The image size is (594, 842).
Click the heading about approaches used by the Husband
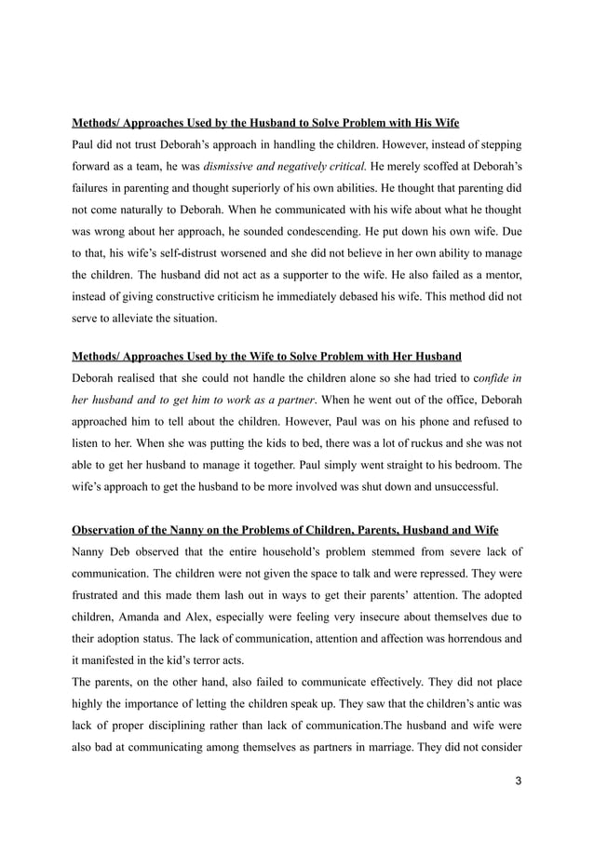(x=265, y=122)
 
